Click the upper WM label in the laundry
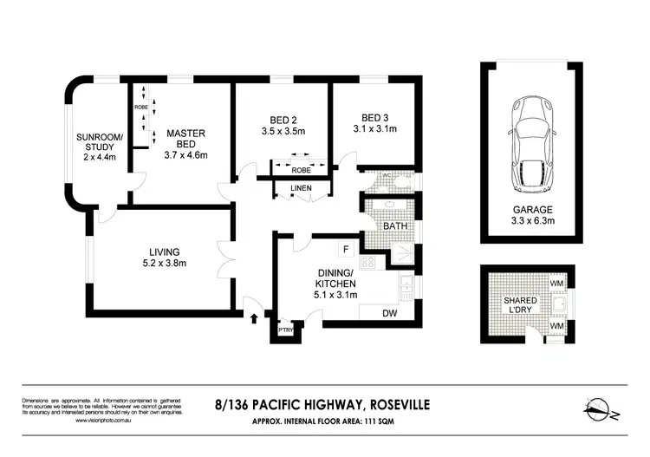[x=556, y=284]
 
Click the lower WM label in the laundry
[x=556, y=325]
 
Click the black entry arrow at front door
[x=253, y=318]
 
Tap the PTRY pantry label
[x=285, y=330]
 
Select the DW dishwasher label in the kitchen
[x=390, y=313]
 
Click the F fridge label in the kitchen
[x=346, y=250]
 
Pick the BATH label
[x=397, y=225]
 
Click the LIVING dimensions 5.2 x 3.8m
[x=165, y=263]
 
